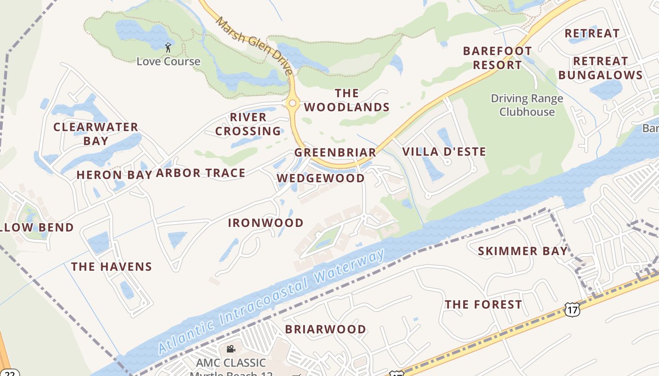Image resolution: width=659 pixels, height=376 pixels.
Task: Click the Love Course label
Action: (168, 62)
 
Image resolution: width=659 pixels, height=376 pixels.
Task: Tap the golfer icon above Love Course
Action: (168, 47)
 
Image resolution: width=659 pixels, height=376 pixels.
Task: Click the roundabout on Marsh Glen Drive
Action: (293, 103)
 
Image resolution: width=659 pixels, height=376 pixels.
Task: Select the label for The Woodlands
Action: (347, 100)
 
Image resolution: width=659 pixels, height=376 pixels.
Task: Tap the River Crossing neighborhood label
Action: (248, 124)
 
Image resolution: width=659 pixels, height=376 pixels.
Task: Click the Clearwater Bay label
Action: (96, 134)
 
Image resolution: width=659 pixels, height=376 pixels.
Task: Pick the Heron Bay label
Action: (114, 175)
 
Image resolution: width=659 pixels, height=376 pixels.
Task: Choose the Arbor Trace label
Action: (201, 173)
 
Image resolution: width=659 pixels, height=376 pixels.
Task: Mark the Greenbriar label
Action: (335, 153)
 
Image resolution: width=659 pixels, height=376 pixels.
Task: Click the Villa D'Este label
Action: (444, 152)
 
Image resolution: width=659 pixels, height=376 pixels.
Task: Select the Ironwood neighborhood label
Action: (265, 223)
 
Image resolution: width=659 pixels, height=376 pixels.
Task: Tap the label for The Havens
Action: (112, 267)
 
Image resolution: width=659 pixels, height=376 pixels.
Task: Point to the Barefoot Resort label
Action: (497, 58)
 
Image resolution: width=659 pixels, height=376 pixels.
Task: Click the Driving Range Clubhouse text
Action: (527, 105)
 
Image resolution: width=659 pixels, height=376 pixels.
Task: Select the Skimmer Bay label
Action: (523, 251)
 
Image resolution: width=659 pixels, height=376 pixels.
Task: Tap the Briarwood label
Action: (325, 329)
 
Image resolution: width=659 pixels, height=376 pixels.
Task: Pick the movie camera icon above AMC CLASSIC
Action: (231, 349)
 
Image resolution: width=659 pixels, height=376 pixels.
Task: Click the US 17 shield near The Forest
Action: (572, 309)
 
